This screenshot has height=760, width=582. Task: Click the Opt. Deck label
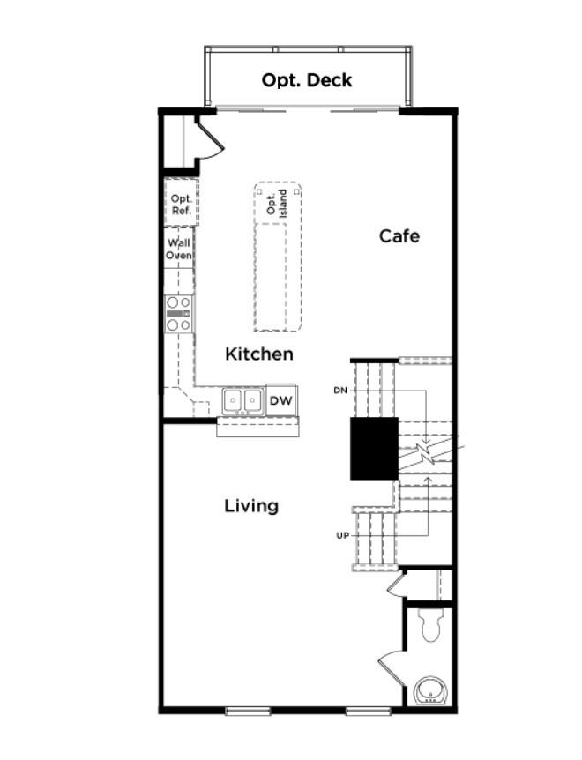306,80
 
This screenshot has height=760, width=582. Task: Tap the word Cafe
399,236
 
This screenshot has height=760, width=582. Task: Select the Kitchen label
259,354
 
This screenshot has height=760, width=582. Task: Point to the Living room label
251,506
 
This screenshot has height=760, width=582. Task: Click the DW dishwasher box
280,401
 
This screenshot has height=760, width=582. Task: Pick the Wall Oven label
179,249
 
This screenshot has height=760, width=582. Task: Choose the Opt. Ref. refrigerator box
181,205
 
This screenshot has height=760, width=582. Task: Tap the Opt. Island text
277,203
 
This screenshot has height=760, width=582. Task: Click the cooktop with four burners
180,314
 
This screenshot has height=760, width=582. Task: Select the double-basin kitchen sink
242,401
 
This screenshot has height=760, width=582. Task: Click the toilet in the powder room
431,626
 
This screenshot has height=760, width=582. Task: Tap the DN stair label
340,390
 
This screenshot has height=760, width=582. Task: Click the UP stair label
342,535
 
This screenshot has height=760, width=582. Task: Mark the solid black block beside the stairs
374,449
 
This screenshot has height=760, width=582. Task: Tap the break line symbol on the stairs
427,456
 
